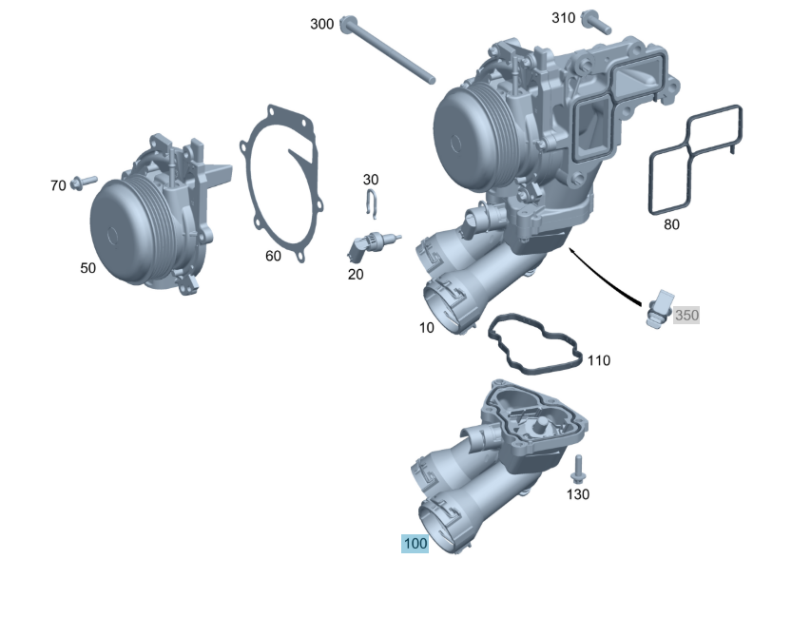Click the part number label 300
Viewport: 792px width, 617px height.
click(x=321, y=24)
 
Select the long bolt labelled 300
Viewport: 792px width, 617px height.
click(x=387, y=49)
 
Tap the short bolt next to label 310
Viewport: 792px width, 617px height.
click(x=596, y=22)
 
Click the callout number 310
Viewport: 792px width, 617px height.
click(x=563, y=18)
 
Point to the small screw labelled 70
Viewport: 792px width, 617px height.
click(x=84, y=183)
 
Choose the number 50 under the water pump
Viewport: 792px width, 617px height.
click(x=87, y=267)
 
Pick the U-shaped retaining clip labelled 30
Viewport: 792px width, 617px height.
click(x=371, y=204)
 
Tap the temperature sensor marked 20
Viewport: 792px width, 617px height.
click(x=373, y=244)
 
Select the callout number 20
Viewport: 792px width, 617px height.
click(x=356, y=274)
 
